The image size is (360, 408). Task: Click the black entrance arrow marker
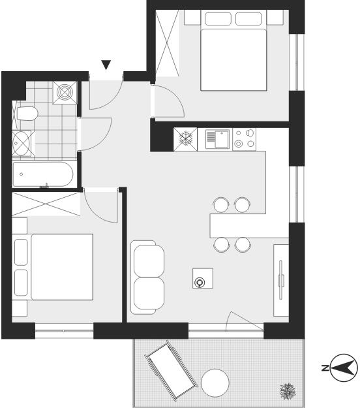(106, 65)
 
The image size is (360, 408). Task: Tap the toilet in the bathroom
(26, 114)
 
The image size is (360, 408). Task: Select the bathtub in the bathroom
(43, 174)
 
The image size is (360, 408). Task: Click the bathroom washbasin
(22, 143)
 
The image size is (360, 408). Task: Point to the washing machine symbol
(65, 93)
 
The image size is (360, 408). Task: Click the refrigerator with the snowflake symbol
(186, 139)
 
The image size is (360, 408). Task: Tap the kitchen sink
(218, 139)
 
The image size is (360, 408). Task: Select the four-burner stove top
(245, 139)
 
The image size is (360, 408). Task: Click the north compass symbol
(344, 368)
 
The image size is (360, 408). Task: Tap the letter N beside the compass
(325, 368)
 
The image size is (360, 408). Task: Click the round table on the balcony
(215, 383)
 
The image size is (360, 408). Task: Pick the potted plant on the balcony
(288, 391)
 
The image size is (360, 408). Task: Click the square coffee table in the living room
(203, 278)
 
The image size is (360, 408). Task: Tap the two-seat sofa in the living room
(147, 277)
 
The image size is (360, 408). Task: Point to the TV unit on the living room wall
(281, 280)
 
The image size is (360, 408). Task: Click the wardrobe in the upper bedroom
(167, 43)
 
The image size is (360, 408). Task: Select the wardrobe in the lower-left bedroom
(46, 204)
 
